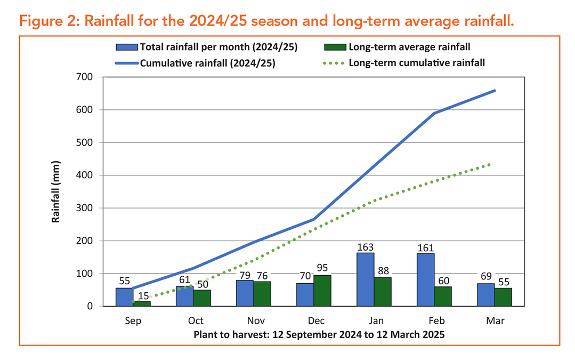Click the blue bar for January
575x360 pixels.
365,279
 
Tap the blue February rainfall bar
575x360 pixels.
425,280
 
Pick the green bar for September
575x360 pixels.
141,303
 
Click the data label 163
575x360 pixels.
365,247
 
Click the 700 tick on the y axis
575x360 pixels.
85,77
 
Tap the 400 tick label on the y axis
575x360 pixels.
85,175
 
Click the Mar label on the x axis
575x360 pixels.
495,321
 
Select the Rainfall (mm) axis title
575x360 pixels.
55,191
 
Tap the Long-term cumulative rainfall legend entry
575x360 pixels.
416,62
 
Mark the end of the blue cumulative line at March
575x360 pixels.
495,91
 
